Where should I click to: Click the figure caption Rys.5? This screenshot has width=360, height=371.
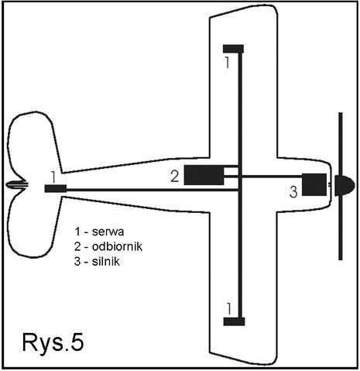pyautogui.click(x=53, y=342)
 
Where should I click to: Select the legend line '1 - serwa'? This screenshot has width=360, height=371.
pyautogui.click(x=99, y=232)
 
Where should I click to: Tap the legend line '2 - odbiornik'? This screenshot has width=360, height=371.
pyautogui.click(x=108, y=246)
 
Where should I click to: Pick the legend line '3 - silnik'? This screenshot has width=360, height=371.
pyautogui.click(x=97, y=261)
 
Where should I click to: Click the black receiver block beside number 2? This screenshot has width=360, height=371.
pyautogui.click(x=204, y=175)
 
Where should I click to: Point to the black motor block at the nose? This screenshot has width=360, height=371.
pyautogui.click(x=314, y=184)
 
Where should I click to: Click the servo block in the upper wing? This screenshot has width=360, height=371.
pyautogui.click(x=233, y=49)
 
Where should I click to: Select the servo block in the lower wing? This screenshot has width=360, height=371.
pyautogui.click(x=234, y=321)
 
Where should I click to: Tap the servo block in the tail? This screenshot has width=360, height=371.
pyautogui.click(x=56, y=188)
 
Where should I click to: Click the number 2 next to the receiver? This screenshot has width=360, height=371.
pyautogui.click(x=175, y=177)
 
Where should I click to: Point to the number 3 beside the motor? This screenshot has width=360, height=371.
pyautogui.click(x=293, y=192)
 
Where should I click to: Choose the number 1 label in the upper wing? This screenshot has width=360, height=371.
pyautogui.click(x=227, y=63)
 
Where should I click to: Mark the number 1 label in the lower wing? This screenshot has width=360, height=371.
pyautogui.click(x=229, y=309)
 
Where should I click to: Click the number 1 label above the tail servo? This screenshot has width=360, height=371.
pyautogui.click(x=53, y=177)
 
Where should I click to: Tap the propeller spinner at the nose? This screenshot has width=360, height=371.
pyautogui.click(x=345, y=185)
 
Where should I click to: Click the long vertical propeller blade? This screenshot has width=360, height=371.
pyautogui.click(x=341, y=186)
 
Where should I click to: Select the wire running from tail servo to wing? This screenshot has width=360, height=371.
pyautogui.click(x=153, y=191)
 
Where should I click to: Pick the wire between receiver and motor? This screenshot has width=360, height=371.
pyautogui.click(x=263, y=177)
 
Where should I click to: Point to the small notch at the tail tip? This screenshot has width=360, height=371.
pyautogui.click(x=17, y=184)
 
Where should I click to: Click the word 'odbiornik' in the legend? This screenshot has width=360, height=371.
pyautogui.click(x=117, y=246)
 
